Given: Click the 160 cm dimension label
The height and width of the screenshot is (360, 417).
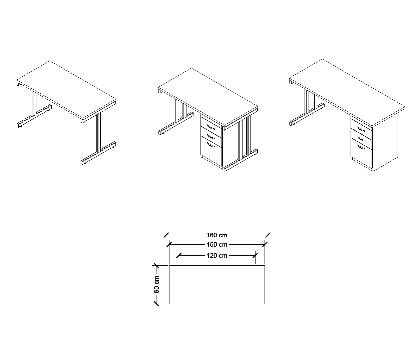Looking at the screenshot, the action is [x=217, y=235].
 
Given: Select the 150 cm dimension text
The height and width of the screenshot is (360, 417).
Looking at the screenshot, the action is [x=217, y=245].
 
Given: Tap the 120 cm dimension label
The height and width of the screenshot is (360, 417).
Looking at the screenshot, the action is [x=217, y=256].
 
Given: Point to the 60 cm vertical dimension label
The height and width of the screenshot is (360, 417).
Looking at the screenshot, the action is [x=156, y=284].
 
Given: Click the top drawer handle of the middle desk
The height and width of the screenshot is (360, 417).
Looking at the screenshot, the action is [x=211, y=127].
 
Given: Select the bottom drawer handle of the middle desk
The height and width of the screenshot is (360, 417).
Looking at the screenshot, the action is [x=211, y=145].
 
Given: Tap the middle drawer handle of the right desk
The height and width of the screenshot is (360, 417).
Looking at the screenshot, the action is [x=361, y=139].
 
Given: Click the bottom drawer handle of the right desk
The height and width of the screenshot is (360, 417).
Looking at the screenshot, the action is [x=361, y=147].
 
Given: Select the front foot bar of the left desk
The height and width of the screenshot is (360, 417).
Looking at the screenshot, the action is [x=98, y=153].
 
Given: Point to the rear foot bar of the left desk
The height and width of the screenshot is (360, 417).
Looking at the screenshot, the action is [x=34, y=116].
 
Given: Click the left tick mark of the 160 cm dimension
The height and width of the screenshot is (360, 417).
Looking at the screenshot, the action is [x=166, y=235].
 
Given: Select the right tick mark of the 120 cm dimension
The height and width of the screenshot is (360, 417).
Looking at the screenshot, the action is [x=255, y=256].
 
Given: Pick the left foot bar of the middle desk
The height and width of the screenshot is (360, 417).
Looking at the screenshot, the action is [x=176, y=123].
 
